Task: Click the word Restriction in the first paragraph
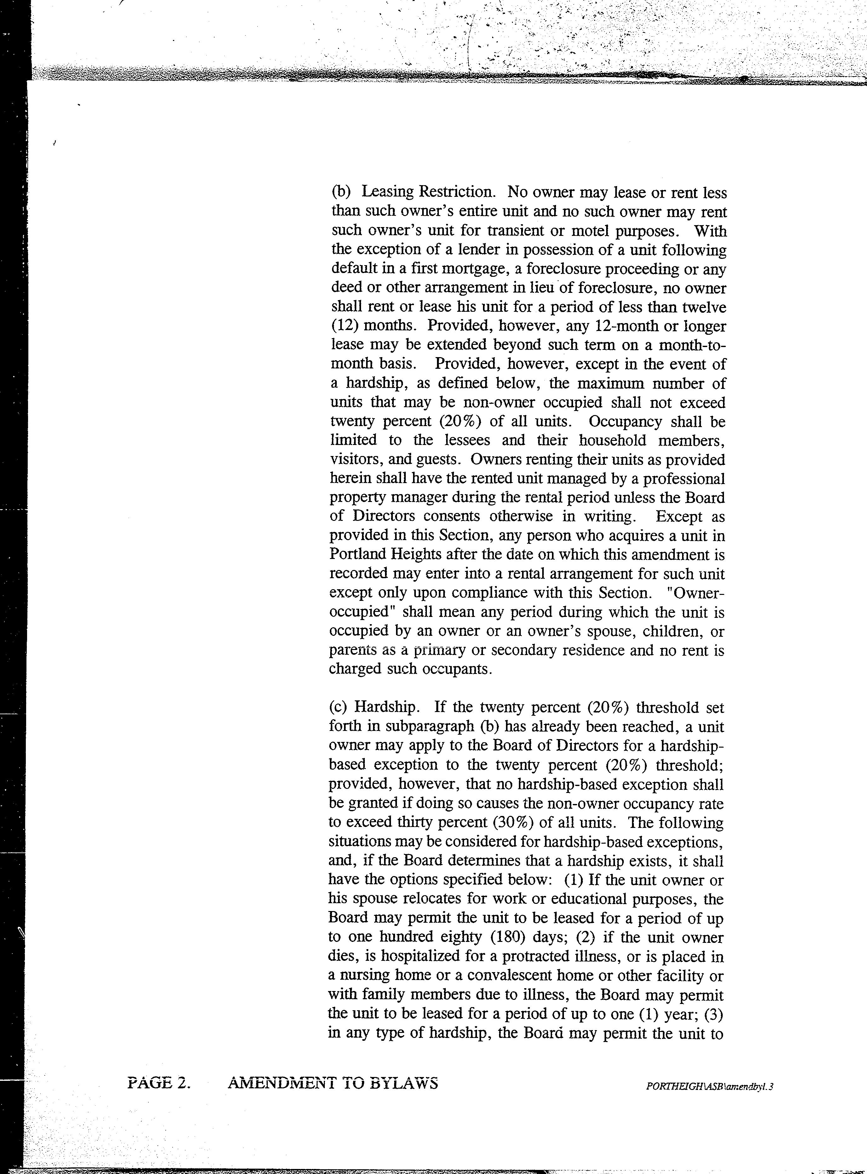456,192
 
